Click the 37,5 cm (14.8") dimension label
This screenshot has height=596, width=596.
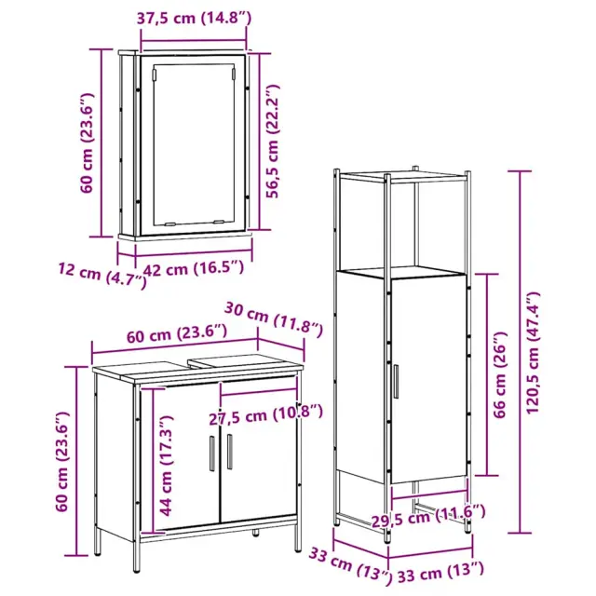coord(194,19)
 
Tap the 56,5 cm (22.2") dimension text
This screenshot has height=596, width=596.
coord(273,141)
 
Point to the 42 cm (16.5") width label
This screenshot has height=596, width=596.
coord(193,269)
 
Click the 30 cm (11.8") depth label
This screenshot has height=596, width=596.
coord(274,319)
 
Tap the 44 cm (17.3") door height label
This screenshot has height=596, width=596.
coord(166,466)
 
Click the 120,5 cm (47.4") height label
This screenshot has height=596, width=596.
coord(532,353)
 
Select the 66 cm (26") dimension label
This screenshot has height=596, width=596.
coord(500,374)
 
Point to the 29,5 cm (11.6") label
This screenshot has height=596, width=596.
coord(428,516)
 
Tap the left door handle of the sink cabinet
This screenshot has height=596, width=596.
coord(212,454)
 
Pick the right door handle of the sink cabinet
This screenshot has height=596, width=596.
coord(230,452)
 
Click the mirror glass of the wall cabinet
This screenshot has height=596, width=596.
coord(194,144)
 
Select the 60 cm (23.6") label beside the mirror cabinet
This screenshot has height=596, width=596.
coord(87,142)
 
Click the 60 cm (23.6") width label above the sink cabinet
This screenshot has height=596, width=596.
coord(177,333)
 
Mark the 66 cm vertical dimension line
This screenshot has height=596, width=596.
coord(487,374)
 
